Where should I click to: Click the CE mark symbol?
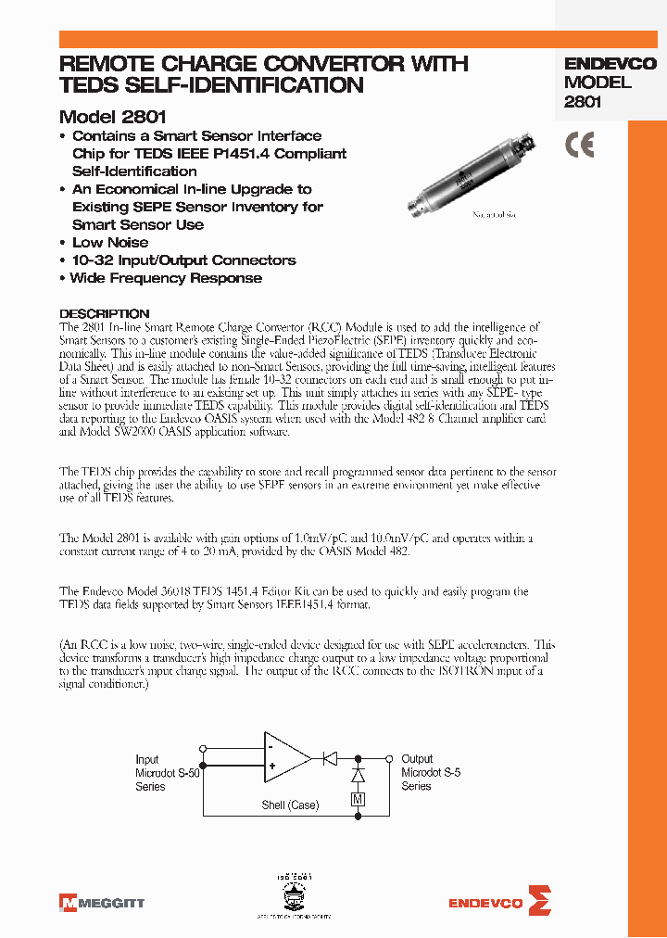(580, 146)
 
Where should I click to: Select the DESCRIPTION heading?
(104, 313)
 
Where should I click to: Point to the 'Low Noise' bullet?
(109, 243)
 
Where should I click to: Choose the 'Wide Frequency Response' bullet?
(166, 278)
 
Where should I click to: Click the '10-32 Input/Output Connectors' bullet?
(183, 260)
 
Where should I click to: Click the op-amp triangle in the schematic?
(285, 755)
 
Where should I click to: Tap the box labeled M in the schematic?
(358, 799)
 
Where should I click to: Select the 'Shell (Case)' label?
(290, 805)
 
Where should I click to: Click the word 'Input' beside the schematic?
(147, 759)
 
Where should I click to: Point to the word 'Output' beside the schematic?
(417, 758)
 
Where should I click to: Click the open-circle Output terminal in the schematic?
(391, 758)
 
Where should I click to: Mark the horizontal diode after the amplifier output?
(328, 758)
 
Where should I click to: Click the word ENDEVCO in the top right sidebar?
(610, 64)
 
